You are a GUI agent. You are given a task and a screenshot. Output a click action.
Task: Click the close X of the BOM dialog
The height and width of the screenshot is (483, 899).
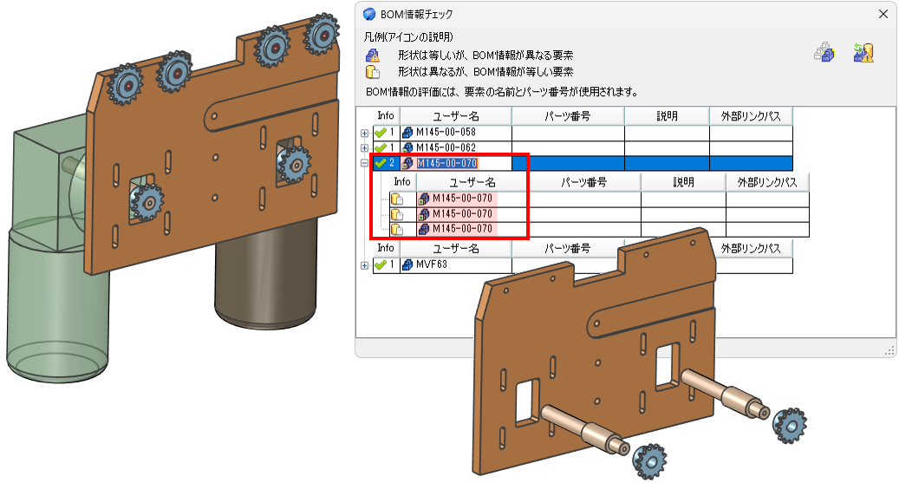point(883,14)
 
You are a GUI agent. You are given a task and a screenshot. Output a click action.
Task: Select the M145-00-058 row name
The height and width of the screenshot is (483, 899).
point(446,132)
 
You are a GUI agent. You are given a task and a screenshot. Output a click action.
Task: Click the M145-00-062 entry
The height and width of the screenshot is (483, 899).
point(446,147)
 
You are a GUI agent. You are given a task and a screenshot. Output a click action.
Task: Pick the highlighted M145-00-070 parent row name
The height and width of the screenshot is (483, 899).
point(446,164)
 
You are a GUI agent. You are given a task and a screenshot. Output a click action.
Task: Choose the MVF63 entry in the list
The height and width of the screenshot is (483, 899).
point(431,264)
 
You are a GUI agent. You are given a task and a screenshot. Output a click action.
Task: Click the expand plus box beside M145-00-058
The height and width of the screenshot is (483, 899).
point(364,133)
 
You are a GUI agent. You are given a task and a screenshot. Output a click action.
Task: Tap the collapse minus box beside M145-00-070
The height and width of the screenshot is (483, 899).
point(364,164)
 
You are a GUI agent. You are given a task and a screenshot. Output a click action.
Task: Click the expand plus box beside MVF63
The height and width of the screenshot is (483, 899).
point(364,265)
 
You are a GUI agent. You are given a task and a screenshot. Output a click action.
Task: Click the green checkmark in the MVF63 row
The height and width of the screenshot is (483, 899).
point(380,265)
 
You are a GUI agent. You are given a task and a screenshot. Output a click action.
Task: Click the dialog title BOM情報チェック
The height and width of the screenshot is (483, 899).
point(416,14)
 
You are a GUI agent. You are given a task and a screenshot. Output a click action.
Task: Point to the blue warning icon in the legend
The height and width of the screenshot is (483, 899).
point(373,55)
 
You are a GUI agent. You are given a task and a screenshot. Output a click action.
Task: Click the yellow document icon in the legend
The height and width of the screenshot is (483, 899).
point(373,72)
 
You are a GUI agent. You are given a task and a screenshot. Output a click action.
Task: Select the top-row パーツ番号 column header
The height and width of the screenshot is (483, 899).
point(568,116)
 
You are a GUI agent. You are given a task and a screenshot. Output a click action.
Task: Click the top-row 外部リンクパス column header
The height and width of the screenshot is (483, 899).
point(751,116)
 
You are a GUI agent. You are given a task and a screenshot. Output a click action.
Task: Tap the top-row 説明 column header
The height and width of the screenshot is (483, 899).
point(667,116)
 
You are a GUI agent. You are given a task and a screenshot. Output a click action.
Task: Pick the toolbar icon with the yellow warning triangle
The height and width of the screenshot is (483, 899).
point(863,53)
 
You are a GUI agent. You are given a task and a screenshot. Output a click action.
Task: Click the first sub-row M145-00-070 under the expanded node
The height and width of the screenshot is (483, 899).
point(462,199)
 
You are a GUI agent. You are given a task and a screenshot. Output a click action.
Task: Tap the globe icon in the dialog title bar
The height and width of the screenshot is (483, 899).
point(370,14)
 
